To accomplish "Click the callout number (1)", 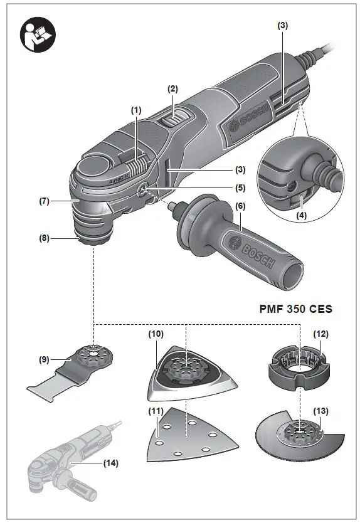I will point(137,109).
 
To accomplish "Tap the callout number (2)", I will point(172,89).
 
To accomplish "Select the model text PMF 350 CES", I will point(295,309).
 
